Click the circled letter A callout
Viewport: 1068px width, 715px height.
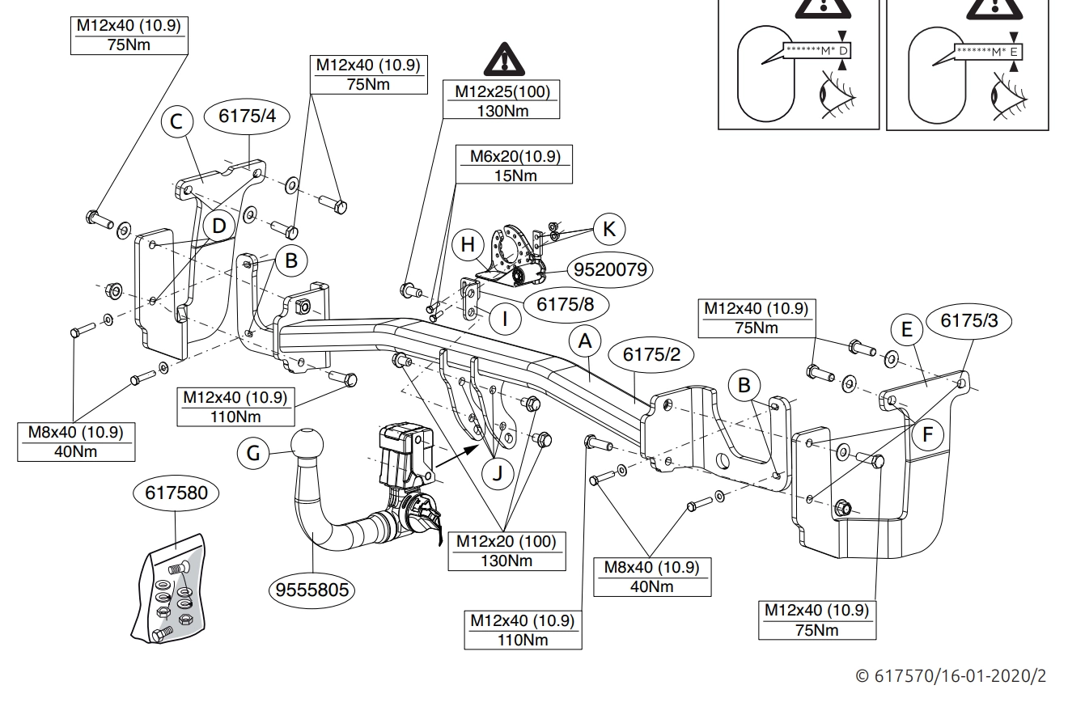(x=584, y=343)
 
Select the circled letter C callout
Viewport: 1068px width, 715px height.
(x=177, y=123)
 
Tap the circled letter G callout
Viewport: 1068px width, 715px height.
(x=253, y=454)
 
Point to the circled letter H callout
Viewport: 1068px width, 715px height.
(x=468, y=245)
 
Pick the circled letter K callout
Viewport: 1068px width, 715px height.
(x=609, y=229)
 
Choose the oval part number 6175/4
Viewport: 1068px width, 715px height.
(x=248, y=116)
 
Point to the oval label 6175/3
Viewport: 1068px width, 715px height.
(x=969, y=320)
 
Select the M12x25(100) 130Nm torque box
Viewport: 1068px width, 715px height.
(x=502, y=100)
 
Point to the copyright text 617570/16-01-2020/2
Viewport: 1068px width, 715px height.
(x=951, y=676)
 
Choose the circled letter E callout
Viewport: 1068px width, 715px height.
(x=906, y=330)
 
